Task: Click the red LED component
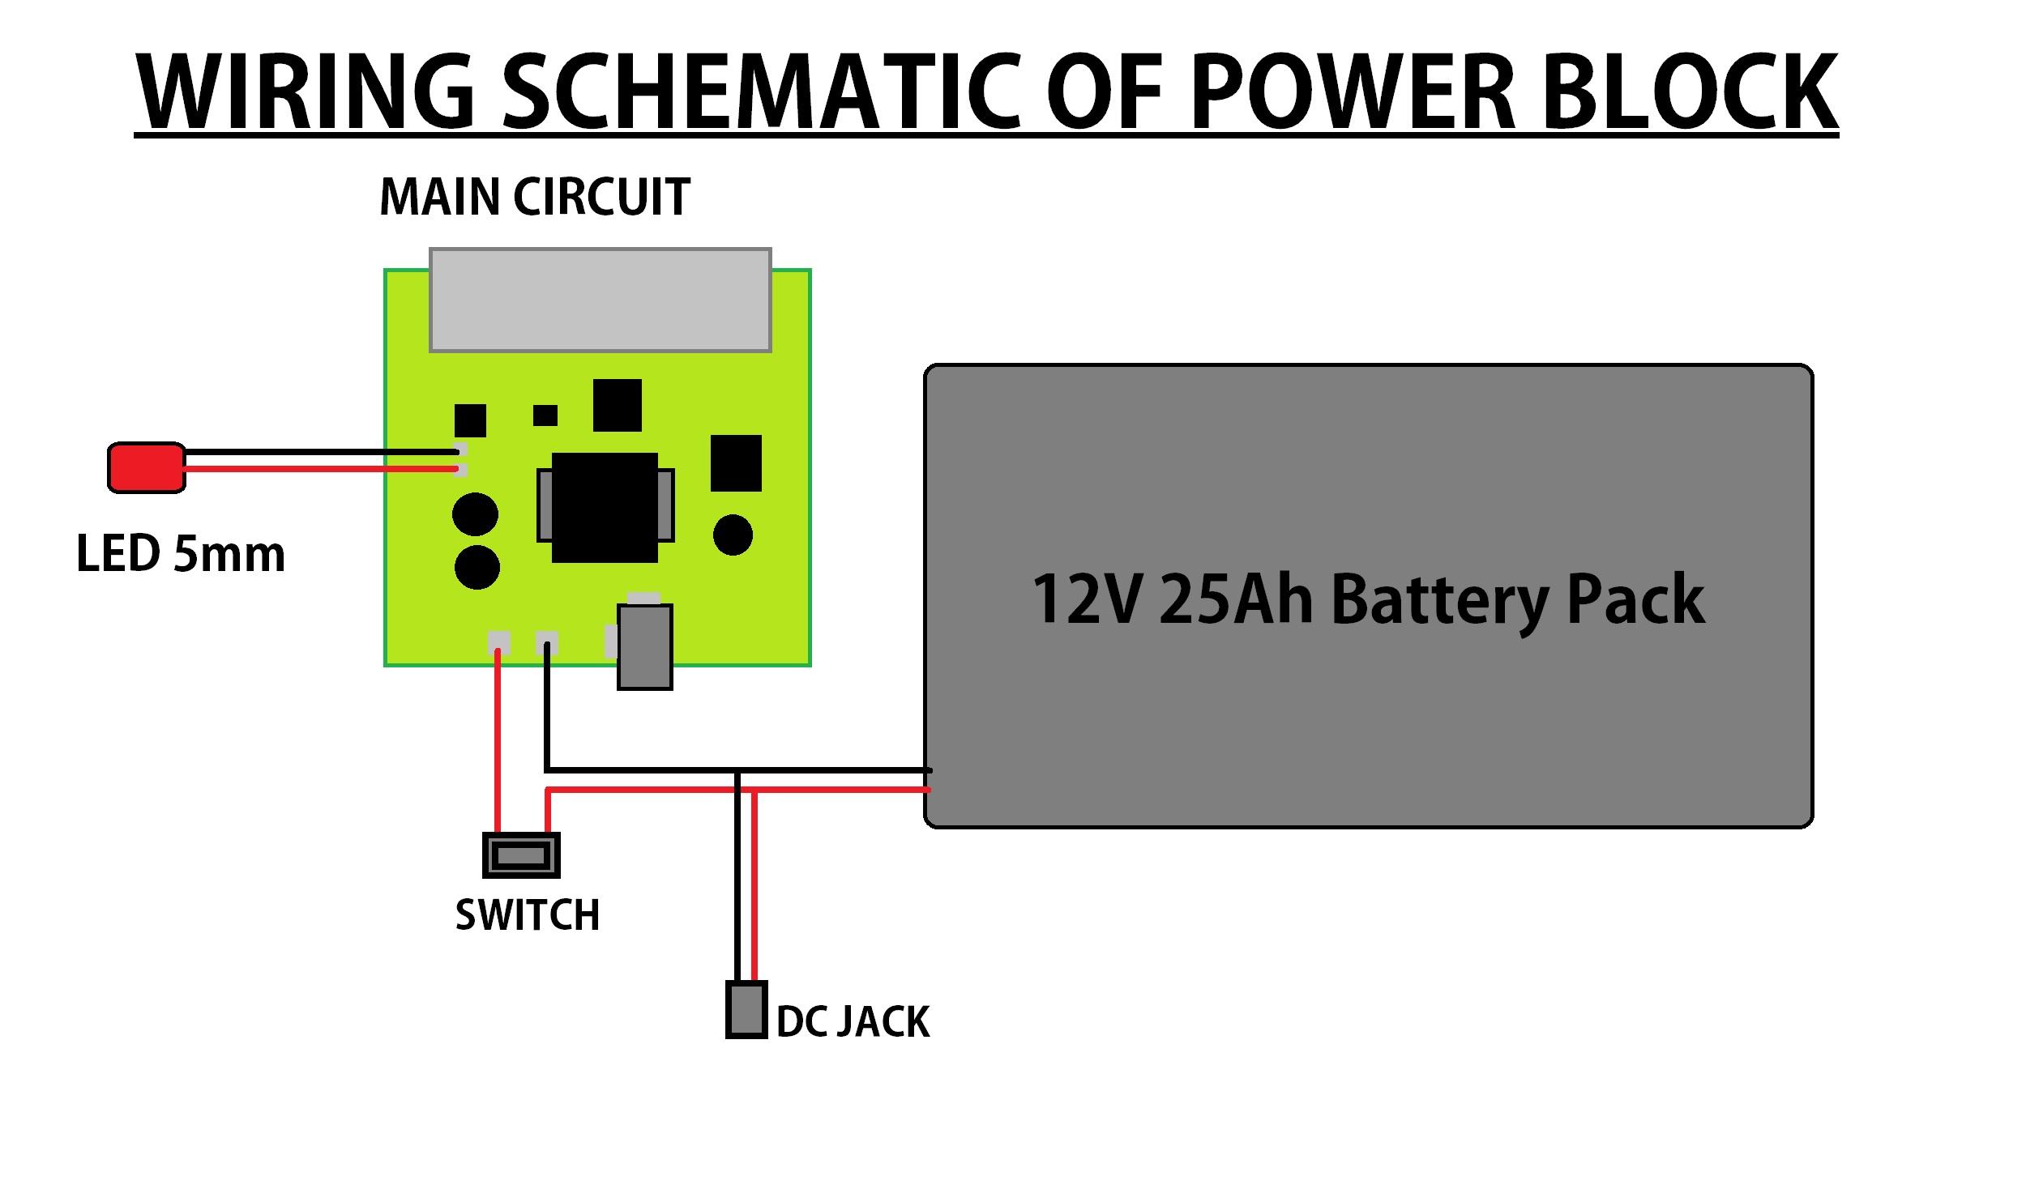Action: click(147, 467)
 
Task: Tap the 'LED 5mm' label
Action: click(180, 555)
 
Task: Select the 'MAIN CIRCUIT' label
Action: click(535, 198)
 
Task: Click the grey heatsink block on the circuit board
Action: click(600, 300)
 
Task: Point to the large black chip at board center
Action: click(605, 507)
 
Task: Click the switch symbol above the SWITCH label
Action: click(521, 855)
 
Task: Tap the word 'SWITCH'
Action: click(528, 915)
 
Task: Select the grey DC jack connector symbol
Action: click(746, 1009)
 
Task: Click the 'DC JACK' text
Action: click(853, 1022)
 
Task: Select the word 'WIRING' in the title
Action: click(305, 93)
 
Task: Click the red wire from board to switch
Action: click(498, 745)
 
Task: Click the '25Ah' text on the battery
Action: click(1235, 599)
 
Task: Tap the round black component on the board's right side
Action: click(733, 535)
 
